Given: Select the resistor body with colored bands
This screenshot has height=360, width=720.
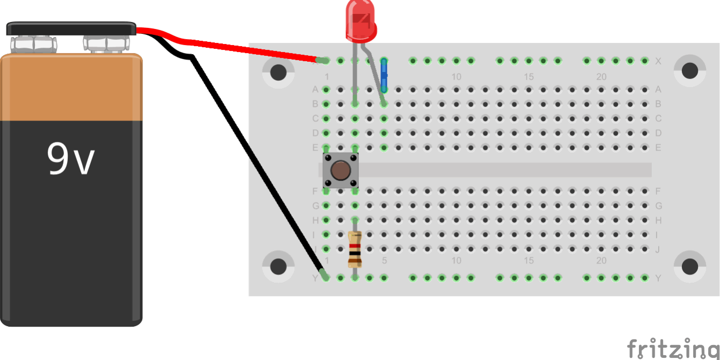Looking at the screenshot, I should pos(355,249).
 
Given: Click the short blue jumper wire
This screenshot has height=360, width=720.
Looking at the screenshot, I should pos(384,75).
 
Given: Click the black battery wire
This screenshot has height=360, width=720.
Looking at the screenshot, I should pos(253,161).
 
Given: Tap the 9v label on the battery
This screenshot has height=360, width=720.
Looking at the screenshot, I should pos(70,160).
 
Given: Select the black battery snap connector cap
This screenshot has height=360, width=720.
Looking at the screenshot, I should pos(71,28).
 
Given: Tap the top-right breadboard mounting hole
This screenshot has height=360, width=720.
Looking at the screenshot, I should pos(689,70).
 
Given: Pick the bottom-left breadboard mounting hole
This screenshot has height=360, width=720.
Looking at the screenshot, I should pos(278,267).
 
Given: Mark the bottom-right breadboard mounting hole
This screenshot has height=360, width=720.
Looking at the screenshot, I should pos(689,266).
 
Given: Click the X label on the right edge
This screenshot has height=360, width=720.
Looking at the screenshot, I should pos(658,61).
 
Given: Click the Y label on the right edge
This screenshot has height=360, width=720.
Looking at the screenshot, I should pos(658,278).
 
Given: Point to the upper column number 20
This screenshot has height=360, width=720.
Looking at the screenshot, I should pos(601,77).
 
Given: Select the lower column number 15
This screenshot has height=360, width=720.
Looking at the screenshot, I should pos(529,261).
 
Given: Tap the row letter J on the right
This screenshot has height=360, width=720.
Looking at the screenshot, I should pos(658,249).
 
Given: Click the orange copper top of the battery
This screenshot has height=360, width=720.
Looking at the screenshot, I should pos(71,86).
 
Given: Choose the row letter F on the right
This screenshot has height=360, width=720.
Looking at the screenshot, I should pos(658,191).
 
